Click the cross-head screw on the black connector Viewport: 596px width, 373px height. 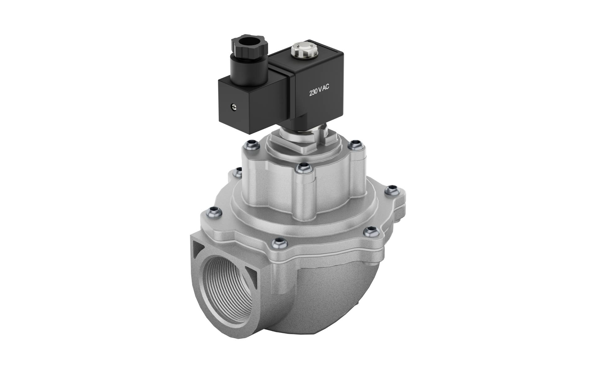click(233, 107)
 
